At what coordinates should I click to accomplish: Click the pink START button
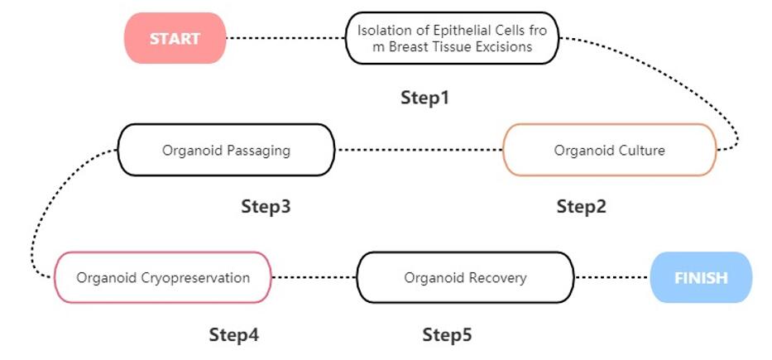(x=175, y=38)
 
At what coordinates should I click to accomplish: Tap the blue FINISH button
(x=701, y=277)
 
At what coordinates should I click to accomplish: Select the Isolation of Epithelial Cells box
(x=452, y=38)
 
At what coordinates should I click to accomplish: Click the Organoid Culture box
(x=609, y=150)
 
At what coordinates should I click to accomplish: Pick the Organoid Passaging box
(x=226, y=150)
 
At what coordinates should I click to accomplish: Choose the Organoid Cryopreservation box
(x=163, y=277)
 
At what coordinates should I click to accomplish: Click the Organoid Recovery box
(x=465, y=277)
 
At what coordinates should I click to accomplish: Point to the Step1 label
(x=424, y=98)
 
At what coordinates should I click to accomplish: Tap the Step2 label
(x=581, y=206)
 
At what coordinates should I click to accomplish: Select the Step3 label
(x=266, y=206)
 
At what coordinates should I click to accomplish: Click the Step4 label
(x=233, y=335)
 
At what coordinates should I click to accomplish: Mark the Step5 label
(x=447, y=335)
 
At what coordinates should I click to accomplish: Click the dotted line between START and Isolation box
(x=285, y=38)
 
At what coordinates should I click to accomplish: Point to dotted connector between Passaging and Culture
(x=419, y=150)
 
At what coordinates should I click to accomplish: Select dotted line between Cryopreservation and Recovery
(x=314, y=277)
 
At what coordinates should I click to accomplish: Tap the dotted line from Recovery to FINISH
(x=612, y=277)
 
